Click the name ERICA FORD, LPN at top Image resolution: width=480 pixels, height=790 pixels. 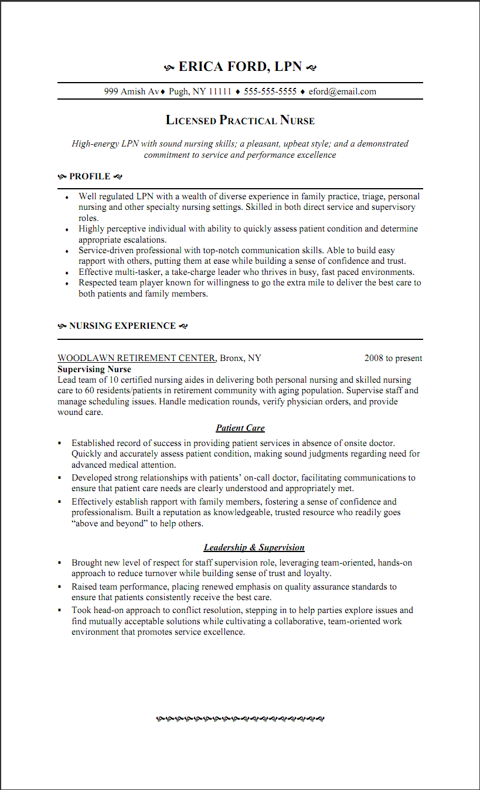pos(240,67)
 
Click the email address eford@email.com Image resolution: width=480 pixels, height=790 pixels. pos(342,91)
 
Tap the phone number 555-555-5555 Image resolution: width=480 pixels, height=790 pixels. pos(270,91)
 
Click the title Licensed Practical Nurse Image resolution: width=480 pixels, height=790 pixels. pos(240,121)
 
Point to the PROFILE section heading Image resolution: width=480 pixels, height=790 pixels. pos(90,176)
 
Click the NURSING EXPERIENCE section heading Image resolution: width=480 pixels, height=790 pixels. pos(122,326)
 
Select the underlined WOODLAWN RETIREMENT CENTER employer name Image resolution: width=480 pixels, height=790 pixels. pos(137,358)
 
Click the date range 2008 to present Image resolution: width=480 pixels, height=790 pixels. pos(393,358)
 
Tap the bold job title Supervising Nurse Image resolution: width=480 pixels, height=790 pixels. pos(94,369)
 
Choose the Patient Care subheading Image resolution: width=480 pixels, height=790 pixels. pos(240,428)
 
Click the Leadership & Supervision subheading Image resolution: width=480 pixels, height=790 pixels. pos(254,547)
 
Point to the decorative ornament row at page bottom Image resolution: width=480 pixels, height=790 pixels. pos(240,718)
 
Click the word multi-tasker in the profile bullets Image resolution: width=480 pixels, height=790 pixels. pos(129,272)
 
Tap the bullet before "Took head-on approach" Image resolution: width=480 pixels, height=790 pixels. pos(60,610)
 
